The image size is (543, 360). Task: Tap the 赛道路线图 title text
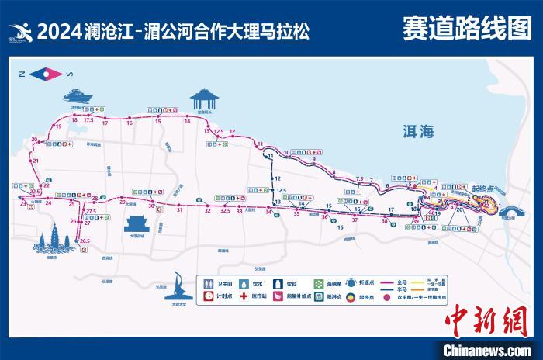pyautogui.click(x=466, y=29)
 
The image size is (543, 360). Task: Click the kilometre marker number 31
pyautogui.click(x=179, y=210)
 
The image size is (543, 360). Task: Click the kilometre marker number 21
pyautogui.click(x=36, y=161)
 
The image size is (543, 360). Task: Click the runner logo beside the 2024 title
pyautogui.click(x=19, y=33)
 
